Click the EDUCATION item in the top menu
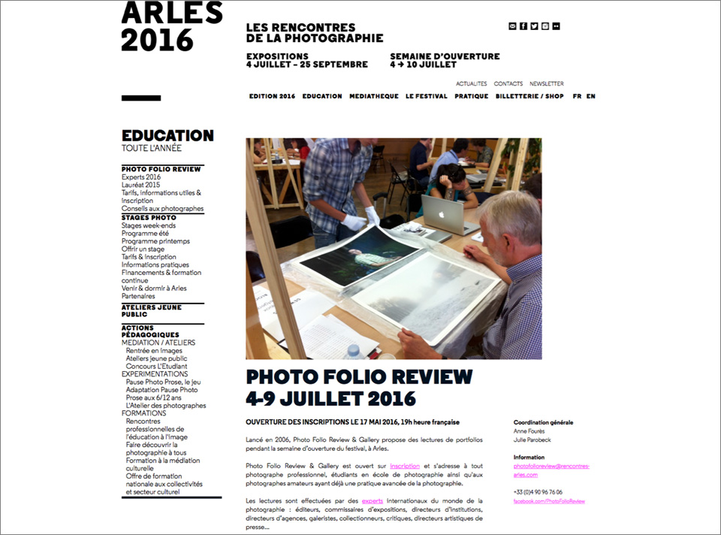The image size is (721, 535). pyautogui.click(x=322, y=96)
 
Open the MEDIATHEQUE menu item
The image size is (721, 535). pyautogui.click(x=374, y=96)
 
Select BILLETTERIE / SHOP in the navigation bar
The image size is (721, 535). pyautogui.click(x=529, y=96)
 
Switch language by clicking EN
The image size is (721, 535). pyautogui.click(x=591, y=96)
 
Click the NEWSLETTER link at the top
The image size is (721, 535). pyautogui.click(x=547, y=84)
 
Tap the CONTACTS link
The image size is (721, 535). pyautogui.click(x=508, y=84)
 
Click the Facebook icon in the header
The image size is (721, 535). pyautogui.click(x=523, y=26)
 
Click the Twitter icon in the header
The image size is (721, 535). pyautogui.click(x=534, y=26)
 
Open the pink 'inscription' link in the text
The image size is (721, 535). pyautogui.click(x=405, y=466)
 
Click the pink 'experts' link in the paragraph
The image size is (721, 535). pyautogui.click(x=373, y=500)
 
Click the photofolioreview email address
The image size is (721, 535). pyautogui.click(x=551, y=470)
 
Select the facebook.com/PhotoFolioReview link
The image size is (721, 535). pyautogui.click(x=549, y=501)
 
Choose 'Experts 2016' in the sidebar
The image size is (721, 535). pyautogui.click(x=141, y=177)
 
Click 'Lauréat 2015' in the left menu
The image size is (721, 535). pyautogui.click(x=141, y=185)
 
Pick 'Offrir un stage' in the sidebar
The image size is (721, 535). pyautogui.click(x=143, y=249)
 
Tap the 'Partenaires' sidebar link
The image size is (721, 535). pyautogui.click(x=138, y=296)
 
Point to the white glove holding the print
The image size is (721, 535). pyautogui.click(x=353, y=222)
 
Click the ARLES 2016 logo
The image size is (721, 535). pyautogui.click(x=172, y=26)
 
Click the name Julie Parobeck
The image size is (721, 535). pyautogui.click(x=532, y=440)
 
